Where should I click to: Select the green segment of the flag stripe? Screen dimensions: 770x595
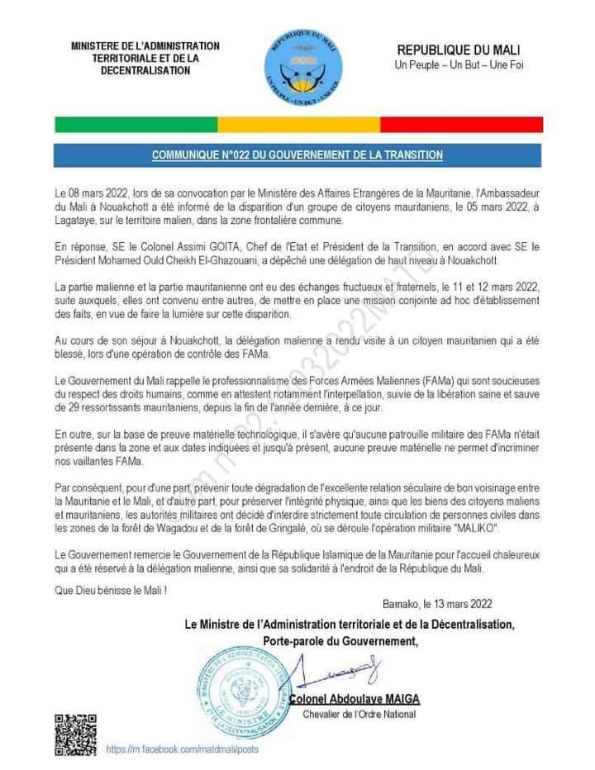point(136,125)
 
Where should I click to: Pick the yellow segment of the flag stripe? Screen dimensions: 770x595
point(298,125)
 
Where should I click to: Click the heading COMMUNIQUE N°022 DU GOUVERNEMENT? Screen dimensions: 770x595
point(297,155)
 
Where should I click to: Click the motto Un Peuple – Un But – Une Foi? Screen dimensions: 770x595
point(459,64)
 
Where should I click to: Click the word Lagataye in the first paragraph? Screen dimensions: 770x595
point(76,221)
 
